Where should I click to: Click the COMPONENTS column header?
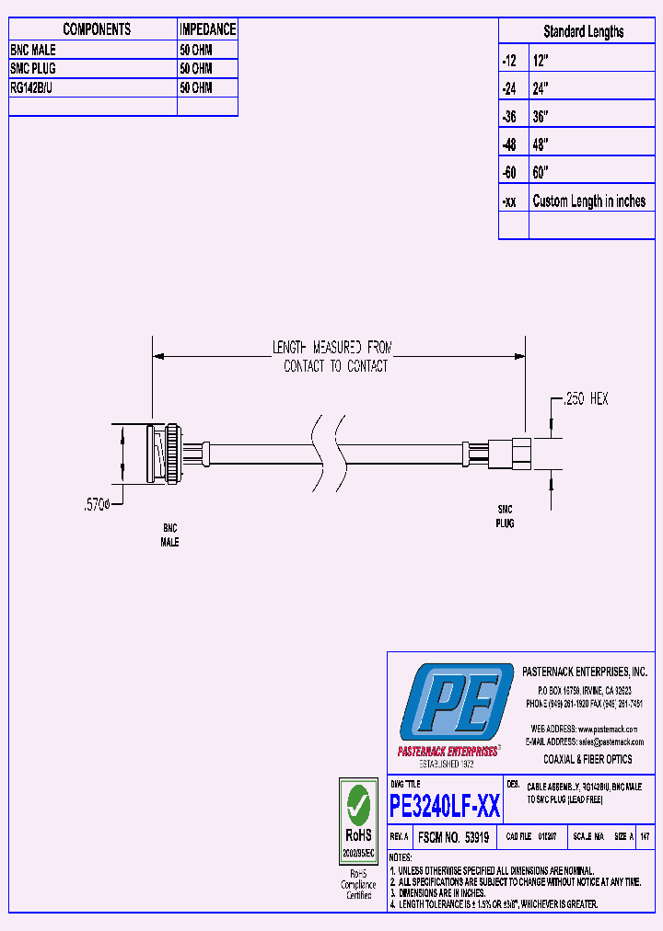(97, 29)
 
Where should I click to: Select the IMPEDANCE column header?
(207, 29)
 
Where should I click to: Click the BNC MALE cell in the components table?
(33, 50)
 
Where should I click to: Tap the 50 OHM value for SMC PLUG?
(195, 69)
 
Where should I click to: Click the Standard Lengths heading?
(583, 31)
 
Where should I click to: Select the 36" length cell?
(541, 117)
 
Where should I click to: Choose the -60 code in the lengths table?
(510, 173)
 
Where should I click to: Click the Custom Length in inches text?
(589, 201)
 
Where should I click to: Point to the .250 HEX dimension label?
(586, 399)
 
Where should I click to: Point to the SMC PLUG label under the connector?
(506, 515)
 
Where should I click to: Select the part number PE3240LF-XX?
(445, 808)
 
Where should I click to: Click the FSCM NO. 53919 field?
(454, 838)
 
